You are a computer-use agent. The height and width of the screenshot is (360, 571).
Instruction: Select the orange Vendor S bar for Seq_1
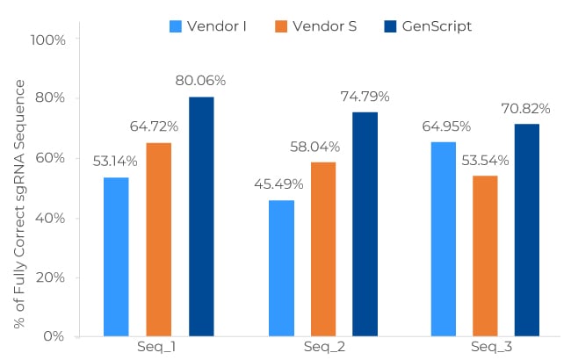point(158,239)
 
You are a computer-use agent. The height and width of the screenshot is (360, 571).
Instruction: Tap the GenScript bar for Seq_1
point(201,216)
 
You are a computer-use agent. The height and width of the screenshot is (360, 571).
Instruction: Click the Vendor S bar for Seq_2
point(323,248)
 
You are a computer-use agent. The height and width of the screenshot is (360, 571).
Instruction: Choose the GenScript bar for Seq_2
point(365,224)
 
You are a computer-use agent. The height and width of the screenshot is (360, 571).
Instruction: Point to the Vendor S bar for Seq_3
point(485,256)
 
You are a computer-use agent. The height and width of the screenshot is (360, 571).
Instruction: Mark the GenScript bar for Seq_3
point(527,230)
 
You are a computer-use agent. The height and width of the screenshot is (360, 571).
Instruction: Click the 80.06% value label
point(201,81)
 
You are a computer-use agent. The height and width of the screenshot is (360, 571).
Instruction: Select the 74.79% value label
point(365,96)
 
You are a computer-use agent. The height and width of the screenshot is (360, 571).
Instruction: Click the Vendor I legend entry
point(207,26)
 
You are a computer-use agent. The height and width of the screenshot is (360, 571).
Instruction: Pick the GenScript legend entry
point(428,26)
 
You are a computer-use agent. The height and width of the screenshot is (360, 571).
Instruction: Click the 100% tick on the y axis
point(47,40)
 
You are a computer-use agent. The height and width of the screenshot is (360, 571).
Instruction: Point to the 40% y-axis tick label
point(50,218)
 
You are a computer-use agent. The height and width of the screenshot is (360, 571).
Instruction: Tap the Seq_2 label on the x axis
point(323,347)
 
